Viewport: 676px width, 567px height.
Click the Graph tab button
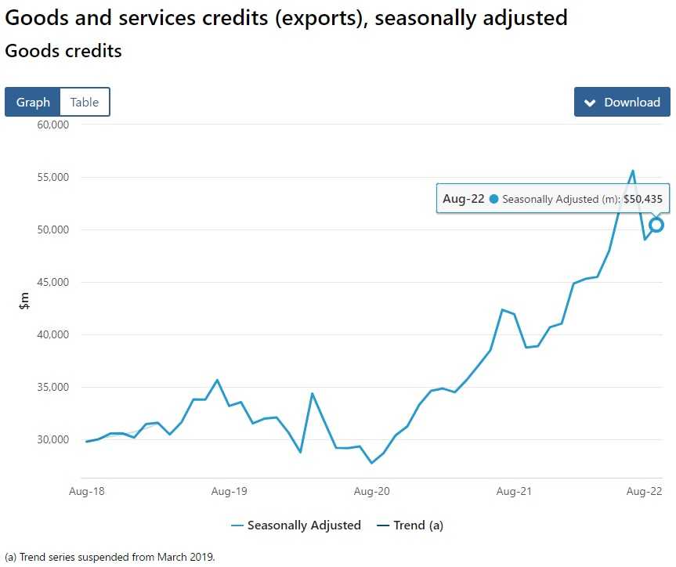tap(33, 102)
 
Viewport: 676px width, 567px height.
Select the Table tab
tap(85, 102)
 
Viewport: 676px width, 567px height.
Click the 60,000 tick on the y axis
tap(54, 125)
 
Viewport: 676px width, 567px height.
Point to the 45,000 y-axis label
tap(54, 282)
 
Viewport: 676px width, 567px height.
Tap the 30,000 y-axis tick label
tap(54, 439)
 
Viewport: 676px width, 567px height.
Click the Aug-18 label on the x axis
tap(86, 492)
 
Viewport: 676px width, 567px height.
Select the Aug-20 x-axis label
tap(372, 492)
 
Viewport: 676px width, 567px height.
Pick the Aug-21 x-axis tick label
tap(515, 492)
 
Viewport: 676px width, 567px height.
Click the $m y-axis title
tap(24, 299)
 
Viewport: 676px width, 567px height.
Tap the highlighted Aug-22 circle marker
tap(656, 225)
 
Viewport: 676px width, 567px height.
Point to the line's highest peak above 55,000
tap(633, 171)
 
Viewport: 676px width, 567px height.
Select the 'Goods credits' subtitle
tap(63, 52)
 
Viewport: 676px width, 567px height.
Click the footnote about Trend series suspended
tap(110, 558)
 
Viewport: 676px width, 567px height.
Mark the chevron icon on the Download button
tap(591, 103)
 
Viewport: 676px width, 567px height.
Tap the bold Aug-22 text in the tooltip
tap(463, 199)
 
